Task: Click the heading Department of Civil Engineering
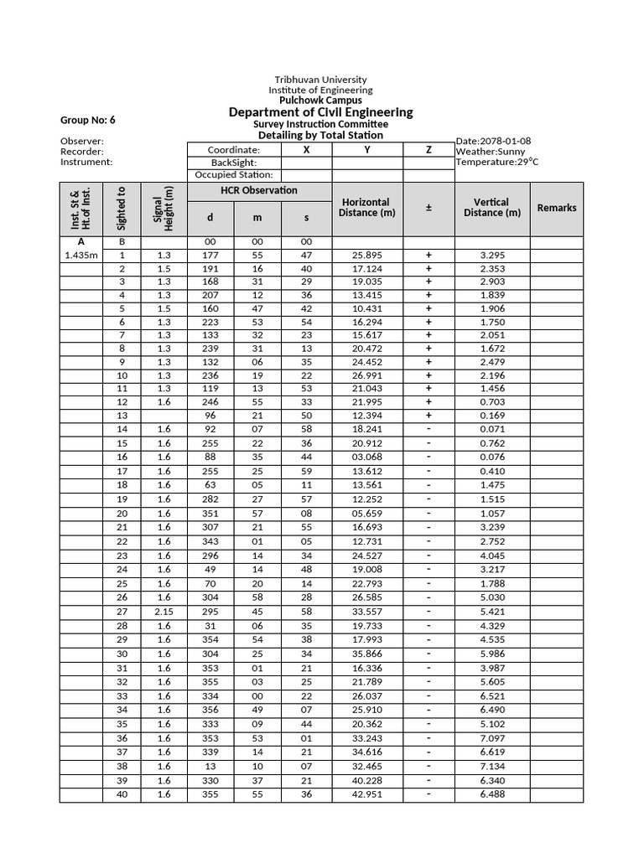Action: [x=320, y=112]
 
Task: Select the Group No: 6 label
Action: [x=87, y=120]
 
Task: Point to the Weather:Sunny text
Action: [x=491, y=152]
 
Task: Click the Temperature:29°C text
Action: [x=494, y=163]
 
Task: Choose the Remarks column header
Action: [x=557, y=208]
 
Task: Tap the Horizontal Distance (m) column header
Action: [x=366, y=208]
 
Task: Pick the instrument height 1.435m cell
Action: [x=80, y=255]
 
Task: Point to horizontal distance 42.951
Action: [x=366, y=794]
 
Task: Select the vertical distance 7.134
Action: [x=491, y=766]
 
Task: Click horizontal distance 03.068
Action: [x=366, y=457]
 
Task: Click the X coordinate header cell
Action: [x=306, y=150]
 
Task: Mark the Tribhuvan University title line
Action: [x=320, y=80]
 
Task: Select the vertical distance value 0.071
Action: [x=491, y=428]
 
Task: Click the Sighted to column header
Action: [x=122, y=208]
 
